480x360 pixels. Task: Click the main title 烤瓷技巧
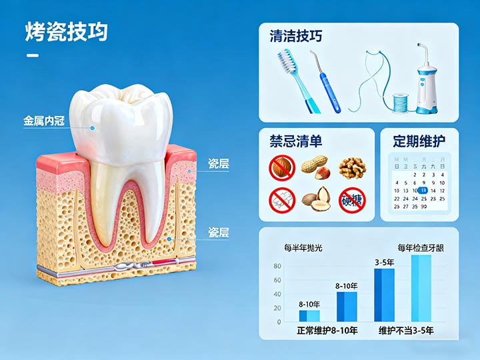click(67, 31)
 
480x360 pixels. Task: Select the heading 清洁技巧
click(296, 36)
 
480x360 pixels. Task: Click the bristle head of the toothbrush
click(287, 61)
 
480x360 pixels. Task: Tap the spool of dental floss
click(399, 101)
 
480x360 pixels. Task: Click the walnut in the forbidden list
click(351, 167)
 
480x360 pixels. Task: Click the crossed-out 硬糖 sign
click(351, 199)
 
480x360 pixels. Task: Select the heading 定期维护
click(419, 141)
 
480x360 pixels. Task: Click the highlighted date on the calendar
click(423, 190)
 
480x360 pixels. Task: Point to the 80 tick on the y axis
click(277, 266)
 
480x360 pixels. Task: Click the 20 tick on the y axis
click(277, 309)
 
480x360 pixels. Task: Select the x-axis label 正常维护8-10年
click(327, 331)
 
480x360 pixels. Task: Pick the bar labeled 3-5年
click(384, 295)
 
